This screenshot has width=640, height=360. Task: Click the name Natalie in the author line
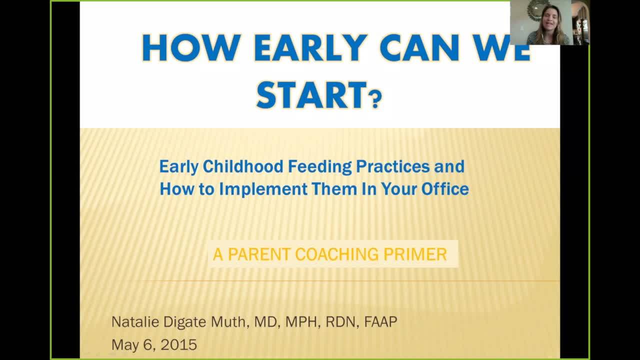click(x=131, y=321)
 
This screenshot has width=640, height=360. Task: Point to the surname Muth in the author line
click(x=227, y=321)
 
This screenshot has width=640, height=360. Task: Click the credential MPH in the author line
click(x=303, y=321)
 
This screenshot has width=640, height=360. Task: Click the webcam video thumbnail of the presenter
click(x=549, y=23)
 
